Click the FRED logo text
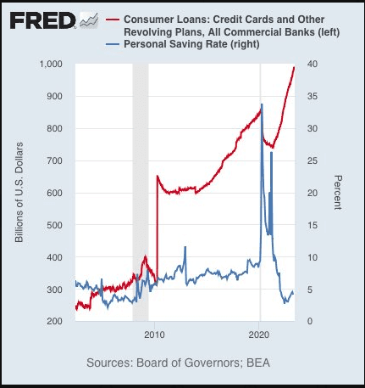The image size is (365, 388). pos(42,20)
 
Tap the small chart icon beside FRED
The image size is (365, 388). pos(89,20)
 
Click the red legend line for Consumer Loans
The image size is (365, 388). pos(113,20)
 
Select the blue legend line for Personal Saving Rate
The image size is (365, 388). pos(113,44)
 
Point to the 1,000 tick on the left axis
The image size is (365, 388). pos(51,64)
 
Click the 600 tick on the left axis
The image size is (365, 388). pos(54,193)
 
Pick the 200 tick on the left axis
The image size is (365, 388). pos(54,321)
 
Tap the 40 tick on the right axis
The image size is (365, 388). pos(312,64)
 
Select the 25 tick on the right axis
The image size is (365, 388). pos(312,160)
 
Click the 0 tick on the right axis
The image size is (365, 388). pos(310,321)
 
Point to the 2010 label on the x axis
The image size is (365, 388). pos(154,335)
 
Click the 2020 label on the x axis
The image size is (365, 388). pos(259,335)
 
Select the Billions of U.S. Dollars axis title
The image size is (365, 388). pos(19,193)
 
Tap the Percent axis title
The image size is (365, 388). pos(338,193)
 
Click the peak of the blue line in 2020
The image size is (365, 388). pos(262,104)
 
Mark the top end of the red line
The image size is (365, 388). pos(294,67)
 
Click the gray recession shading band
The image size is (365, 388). pos(141,193)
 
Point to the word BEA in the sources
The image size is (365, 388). pos(258,363)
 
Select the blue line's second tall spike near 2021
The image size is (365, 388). pos(272,152)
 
